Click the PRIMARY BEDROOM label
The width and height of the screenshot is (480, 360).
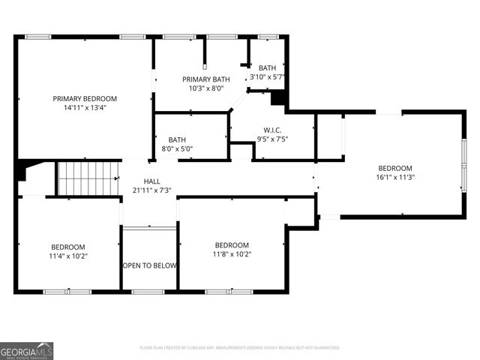pos(85,98)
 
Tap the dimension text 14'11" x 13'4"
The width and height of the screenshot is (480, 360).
pos(85,107)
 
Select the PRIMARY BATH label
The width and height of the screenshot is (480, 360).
pos(206,79)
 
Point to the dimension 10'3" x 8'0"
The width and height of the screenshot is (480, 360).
pos(206,88)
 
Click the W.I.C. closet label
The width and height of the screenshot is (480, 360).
pos(272,129)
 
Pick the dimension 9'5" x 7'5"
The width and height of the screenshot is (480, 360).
pos(272,138)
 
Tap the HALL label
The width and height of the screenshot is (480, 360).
pos(152,181)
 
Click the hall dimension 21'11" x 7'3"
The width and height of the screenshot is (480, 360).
pos(152,190)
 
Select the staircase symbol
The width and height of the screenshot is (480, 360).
pos(88,178)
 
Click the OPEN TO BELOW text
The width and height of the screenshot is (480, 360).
pos(149,265)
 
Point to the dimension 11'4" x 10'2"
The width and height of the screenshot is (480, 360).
pos(68,256)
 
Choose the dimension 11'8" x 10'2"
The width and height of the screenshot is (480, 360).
pos(232,254)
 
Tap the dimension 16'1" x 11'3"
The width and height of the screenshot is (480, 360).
pos(395,177)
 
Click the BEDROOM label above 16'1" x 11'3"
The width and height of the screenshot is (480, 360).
pos(395,168)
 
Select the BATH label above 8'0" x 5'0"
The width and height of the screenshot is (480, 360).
pos(177,139)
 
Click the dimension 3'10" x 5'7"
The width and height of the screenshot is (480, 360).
pos(267,76)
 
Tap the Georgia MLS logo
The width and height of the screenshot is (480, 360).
pos(27,350)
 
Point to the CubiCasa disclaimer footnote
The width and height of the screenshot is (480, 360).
pos(240,348)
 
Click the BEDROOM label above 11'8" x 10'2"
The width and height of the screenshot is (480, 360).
pos(232,245)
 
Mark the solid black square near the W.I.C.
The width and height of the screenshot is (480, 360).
pos(279,98)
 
